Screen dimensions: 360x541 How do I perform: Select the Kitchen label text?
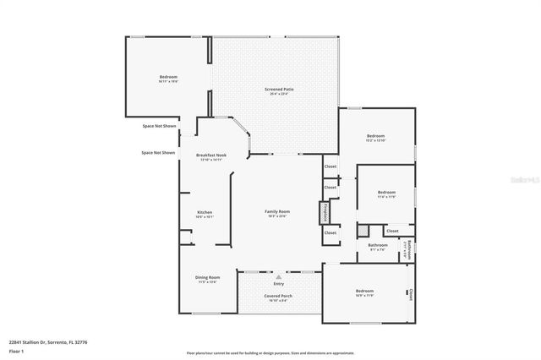coord(205,212)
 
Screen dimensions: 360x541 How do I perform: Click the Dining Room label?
coord(208,277)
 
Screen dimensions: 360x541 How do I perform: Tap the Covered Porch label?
coord(278,296)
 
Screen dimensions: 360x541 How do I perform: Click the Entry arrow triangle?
coord(279,276)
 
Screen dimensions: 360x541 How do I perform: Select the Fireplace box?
coord(324,212)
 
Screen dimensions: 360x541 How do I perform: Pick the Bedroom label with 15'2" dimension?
coord(375,136)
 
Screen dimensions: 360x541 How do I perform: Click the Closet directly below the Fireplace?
coord(331,232)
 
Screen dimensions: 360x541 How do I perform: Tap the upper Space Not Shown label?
coord(159,126)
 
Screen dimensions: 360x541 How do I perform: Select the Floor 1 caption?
coord(17,350)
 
